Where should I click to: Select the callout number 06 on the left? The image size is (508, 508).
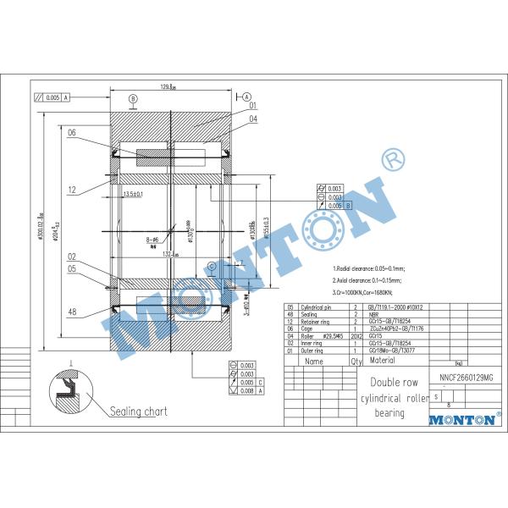click(x=72, y=133)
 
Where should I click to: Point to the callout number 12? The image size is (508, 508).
click(x=72, y=189)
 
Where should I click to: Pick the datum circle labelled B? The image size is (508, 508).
click(x=133, y=100)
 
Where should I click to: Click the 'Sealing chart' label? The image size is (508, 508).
click(x=139, y=411)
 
